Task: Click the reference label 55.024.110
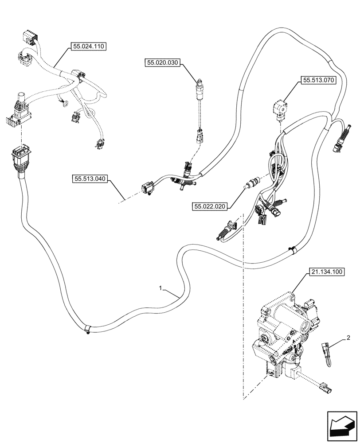pos(88,46)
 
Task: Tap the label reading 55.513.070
pos(318,80)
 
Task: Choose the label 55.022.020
pos(210,206)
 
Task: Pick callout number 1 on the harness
pos(162,288)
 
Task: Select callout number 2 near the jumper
pos(348,338)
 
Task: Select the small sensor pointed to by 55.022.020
pos(253,183)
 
